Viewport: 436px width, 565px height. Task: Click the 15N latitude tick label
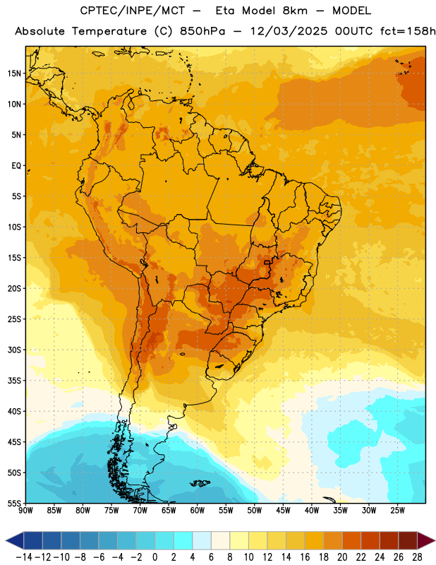pos(14,73)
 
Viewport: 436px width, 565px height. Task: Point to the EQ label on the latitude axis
pos(16,166)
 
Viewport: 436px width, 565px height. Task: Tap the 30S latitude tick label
pos(14,350)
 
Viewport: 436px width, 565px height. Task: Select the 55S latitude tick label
pos(14,503)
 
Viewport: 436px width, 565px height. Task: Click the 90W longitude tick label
pos(25,511)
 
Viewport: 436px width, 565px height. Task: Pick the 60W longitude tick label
pos(198,511)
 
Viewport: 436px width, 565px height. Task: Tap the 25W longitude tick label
pos(397,511)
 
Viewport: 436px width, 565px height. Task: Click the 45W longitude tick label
pos(284,511)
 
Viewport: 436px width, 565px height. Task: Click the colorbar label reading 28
pos(417,557)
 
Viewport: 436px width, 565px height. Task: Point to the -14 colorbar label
pos(24,557)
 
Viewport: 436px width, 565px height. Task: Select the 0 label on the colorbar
pos(155,557)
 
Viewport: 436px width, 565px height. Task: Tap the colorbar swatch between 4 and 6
pos(202,540)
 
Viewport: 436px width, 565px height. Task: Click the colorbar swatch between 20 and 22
pos(352,540)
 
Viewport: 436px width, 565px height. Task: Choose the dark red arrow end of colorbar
pos(425,540)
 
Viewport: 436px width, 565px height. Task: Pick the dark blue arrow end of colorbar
pos(15,540)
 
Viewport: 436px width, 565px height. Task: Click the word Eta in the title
pos(225,11)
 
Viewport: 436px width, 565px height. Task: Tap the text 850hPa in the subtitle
pos(202,31)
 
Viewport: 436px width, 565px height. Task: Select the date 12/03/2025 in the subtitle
pos(289,31)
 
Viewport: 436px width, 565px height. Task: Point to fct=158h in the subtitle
pos(408,31)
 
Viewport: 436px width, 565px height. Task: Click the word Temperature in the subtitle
pos(109,31)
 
